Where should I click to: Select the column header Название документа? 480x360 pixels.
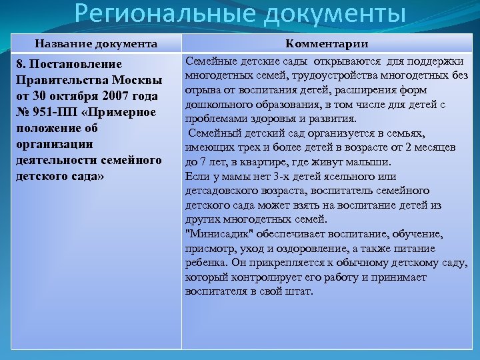click(x=97, y=44)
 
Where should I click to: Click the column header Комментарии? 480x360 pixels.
click(x=327, y=44)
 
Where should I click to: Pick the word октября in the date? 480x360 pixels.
click(x=71, y=97)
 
